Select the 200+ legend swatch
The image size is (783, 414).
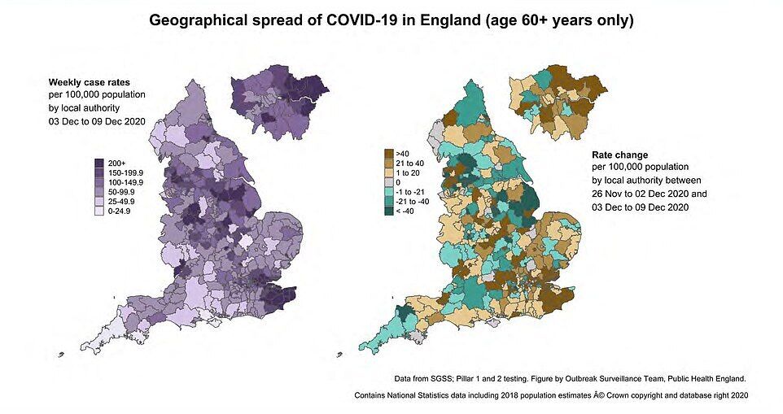pyautogui.click(x=99, y=163)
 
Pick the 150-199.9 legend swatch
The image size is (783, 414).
pyautogui.click(x=99, y=172)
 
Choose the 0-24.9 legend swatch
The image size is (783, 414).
pyautogui.click(x=99, y=211)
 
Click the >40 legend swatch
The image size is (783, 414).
pyautogui.click(x=389, y=152)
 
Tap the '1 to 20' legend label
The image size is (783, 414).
pyautogui.click(x=409, y=172)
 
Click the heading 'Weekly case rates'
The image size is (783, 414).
pyautogui.click(x=84, y=82)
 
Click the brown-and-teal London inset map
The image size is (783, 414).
pyautogui.click(x=556, y=98)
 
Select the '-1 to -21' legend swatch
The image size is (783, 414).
pyautogui.click(x=389, y=192)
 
